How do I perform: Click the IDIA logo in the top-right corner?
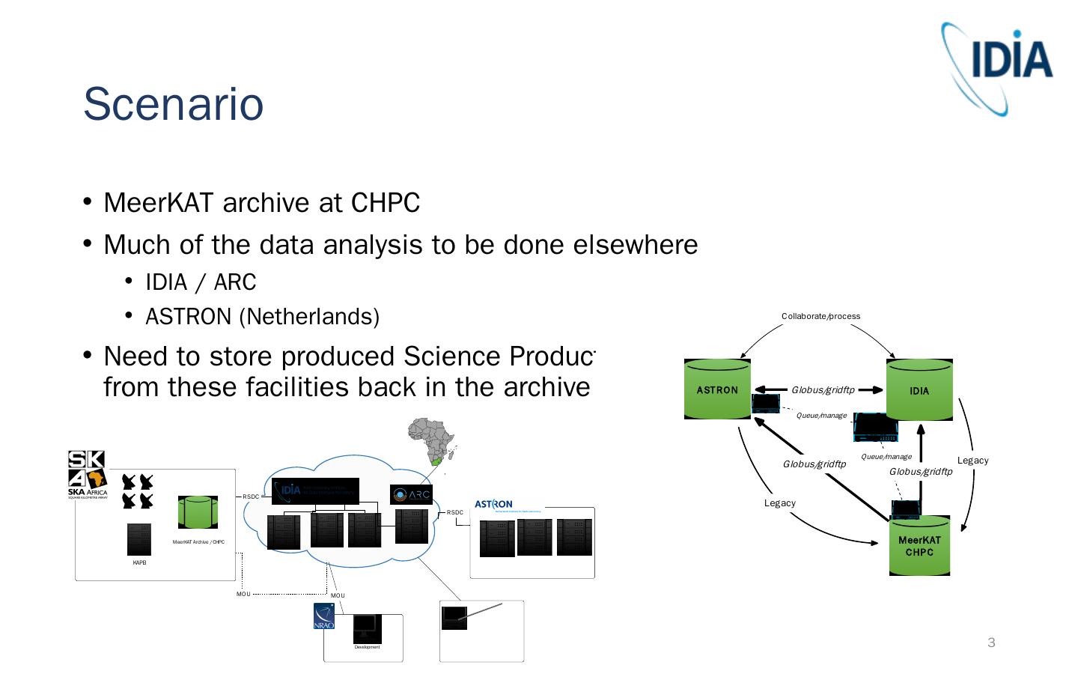pyautogui.click(x=999, y=68)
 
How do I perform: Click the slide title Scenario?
pyautogui.click(x=173, y=104)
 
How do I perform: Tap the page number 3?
pyautogui.click(x=991, y=643)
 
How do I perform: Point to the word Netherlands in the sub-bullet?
pyautogui.click(x=308, y=317)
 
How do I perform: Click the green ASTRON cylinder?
pyautogui.click(x=716, y=389)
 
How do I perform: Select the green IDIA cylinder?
pyautogui.click(x=919, y=390)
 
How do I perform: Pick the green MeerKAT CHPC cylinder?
pyautogui.click(x=919, y=546)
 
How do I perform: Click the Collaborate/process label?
pyautogui.click(x=820, y=316)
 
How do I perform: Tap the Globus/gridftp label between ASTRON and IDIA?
pyautogui.click(x=823, y=389)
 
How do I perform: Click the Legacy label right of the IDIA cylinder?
pyautogui.click(x=972, y=461)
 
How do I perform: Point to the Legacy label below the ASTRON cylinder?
pyautogui.click(x=779, y=503)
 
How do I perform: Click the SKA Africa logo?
pyautogui.click(x=88, y=474)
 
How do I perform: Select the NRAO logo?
pyautogui.click(x=324, y=616)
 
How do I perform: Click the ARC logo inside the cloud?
pyautogui.click(x=411, y=494)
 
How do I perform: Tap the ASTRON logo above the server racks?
pyautogui.click(x=493, y=504)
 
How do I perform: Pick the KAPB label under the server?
pyautogui.click(x=139, y=563)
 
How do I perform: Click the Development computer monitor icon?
pyautogui.click(x=367, y=628)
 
